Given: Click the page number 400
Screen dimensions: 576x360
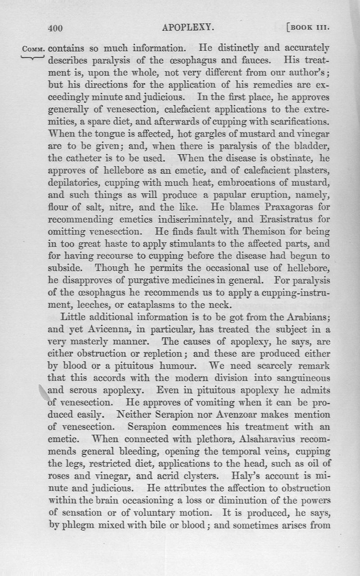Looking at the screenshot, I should (54, 28).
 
